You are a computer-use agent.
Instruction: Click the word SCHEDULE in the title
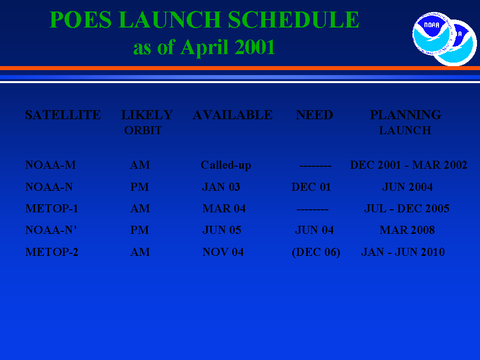pyautogui.click(x=293, y=20)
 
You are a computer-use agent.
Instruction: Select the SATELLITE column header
pyautogui.click(x=63, y=115)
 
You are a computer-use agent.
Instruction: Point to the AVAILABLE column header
pyautogui.click(x=233, y=115)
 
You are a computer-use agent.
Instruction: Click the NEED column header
pyautogui.click(x=314, y=115)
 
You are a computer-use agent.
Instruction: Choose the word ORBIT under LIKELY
pyautogui.click(x=143, y=130)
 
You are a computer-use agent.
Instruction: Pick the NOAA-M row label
pyautogui.click(x=51, y=165)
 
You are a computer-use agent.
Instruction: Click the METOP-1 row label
pyautogui.click(x=52, y=208)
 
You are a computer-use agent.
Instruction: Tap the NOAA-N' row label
pyautogui.click(x=51, y=230)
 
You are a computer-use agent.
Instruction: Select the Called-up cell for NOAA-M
pyautogui.click(x=226, y=165)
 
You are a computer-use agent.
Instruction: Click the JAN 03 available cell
pyautogui.click(x=221, y=187)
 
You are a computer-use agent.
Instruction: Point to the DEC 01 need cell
pyautogui.click(x=311, y=187)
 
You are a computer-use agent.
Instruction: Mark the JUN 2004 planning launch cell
pyautogui.click(x=407, y=187)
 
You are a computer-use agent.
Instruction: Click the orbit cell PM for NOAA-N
pyautogui.click(x=140, y=187)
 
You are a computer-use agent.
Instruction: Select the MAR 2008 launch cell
pyautogui.click(x=407, y=230)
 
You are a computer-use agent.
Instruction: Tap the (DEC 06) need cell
pyautogui.click(x=316, y=252)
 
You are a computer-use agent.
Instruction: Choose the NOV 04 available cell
pyautogui.click(x=223, y=252)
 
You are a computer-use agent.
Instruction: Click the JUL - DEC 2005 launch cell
pyautogui.click(x=406, y=208)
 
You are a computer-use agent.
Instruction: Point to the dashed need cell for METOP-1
pyautogui.click(x=312, y=210)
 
